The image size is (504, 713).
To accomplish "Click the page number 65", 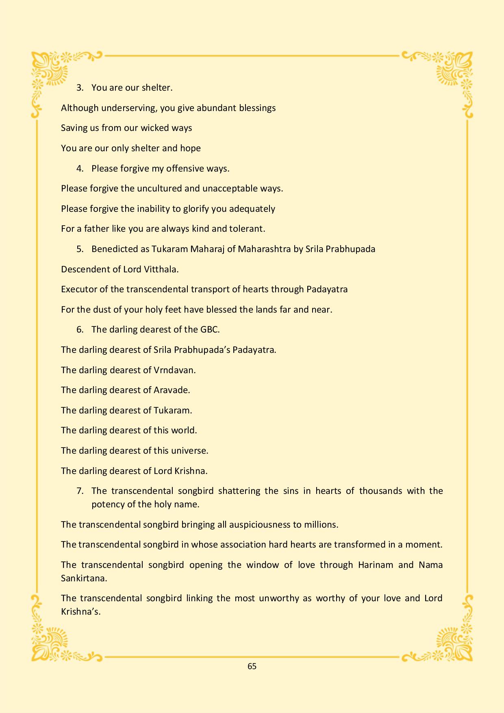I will click(252, 666).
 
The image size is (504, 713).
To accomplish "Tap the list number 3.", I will click(80, 88).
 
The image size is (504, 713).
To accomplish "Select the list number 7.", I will click(80, 491).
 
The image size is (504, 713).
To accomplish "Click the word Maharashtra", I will click(264, 249).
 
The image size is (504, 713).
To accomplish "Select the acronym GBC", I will click(210, 330).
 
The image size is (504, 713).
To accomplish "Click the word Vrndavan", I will click(174, 370).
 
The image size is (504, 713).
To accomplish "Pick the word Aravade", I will click(172, 390).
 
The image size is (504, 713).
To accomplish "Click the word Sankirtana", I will click(84, 578).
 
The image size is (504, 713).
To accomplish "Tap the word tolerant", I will click(247, 229).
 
